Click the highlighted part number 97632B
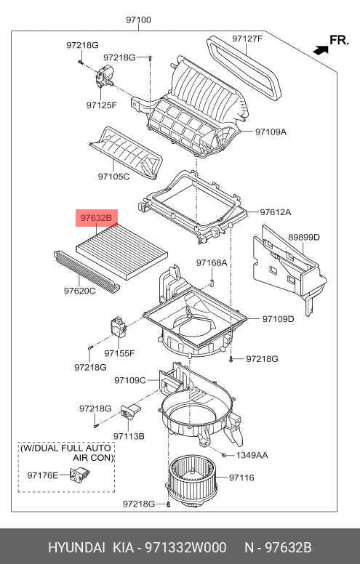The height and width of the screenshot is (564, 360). (97, 217)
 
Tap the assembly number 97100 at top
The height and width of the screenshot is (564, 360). (138, 20)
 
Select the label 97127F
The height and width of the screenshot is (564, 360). (247, 39)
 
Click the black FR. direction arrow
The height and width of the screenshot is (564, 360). (319, 49)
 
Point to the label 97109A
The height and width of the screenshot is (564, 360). (271, 132)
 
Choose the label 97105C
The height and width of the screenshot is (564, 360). (113, 176)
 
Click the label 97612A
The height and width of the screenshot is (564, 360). (276, 212)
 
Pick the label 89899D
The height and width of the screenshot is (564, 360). (303, 237)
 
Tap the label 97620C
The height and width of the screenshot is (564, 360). (79, 291)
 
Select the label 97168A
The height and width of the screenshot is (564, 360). (212, 262)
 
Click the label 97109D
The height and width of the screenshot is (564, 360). (278, 318)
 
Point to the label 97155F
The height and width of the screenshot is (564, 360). (119, 353)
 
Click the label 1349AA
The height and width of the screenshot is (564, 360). (252, 455)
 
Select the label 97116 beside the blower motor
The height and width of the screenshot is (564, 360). (241, 478)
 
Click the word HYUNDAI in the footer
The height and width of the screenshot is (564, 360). (76, 547)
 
